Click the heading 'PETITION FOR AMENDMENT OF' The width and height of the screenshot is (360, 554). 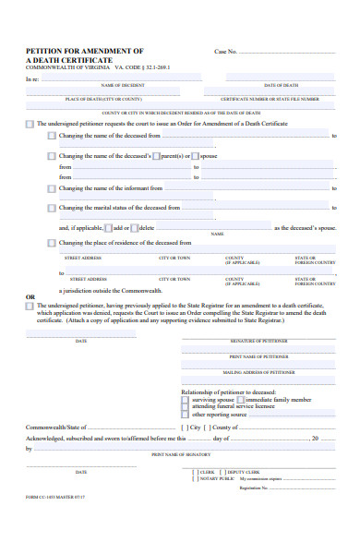(x=84, y=51)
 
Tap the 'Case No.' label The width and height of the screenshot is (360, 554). (x=226, y=52)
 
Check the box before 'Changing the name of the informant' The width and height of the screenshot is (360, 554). (x=53, y=187)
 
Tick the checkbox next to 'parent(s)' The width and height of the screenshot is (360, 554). (x=156, y=155)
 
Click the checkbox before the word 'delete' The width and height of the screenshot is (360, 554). (x=134, y=226)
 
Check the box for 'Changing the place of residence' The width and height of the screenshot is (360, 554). (x=53, y=243)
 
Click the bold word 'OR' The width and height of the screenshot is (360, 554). (x=30, y=296)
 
